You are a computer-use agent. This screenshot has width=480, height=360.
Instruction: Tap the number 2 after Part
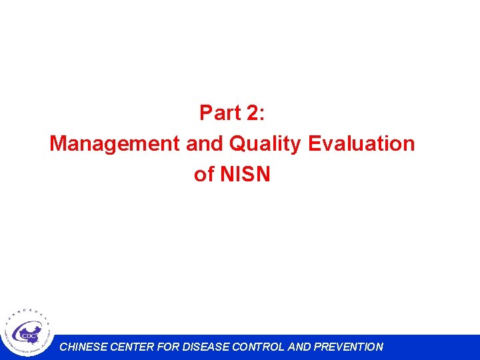click(253, 113)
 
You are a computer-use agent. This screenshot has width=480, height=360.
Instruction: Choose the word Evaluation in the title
click(361, 143)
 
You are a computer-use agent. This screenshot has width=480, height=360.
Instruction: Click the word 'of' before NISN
click(203, 175)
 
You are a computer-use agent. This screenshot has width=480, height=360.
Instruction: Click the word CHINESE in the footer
click(83, 347)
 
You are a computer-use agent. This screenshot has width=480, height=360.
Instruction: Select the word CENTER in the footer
click(131, 347)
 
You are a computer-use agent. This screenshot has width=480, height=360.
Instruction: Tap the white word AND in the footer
click(298, 347)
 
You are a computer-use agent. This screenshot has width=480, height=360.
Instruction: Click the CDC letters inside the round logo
click(29, 336)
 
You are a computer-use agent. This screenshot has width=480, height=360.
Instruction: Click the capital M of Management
click(58, 143)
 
